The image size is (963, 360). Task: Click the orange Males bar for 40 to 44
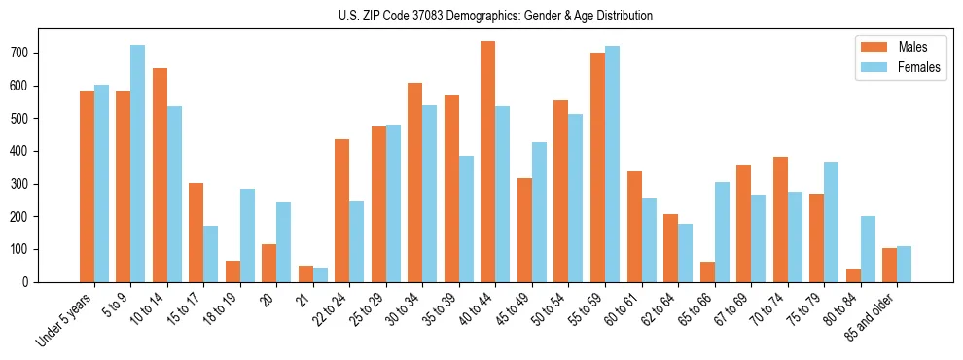click(487, 162)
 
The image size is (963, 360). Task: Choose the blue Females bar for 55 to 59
click(612, 164)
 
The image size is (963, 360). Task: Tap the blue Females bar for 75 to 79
click(831, 222)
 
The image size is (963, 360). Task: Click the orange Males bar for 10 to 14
click(160, 175)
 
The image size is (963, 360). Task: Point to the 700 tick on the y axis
click(37, 53)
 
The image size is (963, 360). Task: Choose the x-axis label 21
click(304, 296)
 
